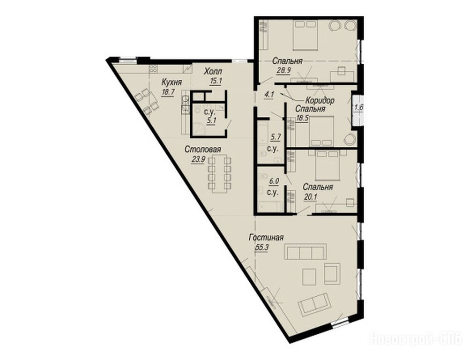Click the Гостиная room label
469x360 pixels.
click(266, 238)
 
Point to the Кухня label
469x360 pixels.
click(171, 82)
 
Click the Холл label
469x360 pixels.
click(213, 71)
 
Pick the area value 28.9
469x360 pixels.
click(284, 71)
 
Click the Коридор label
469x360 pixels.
click(320, 101)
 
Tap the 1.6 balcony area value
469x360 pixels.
click(358, 107)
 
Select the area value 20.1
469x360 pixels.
click(310, 197)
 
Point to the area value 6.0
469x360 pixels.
click(274, 181)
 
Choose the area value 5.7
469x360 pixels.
click(275, 137)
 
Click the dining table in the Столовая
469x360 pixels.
click(219, 173)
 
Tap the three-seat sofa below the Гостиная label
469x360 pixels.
click(305, 251)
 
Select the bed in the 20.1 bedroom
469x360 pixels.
click(328, 165)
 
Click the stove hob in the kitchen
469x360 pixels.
click(153, 68)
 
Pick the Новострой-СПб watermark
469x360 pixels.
click(416, 339)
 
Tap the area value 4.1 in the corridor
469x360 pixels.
click(269, 95)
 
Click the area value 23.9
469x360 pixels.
click(198, 159)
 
